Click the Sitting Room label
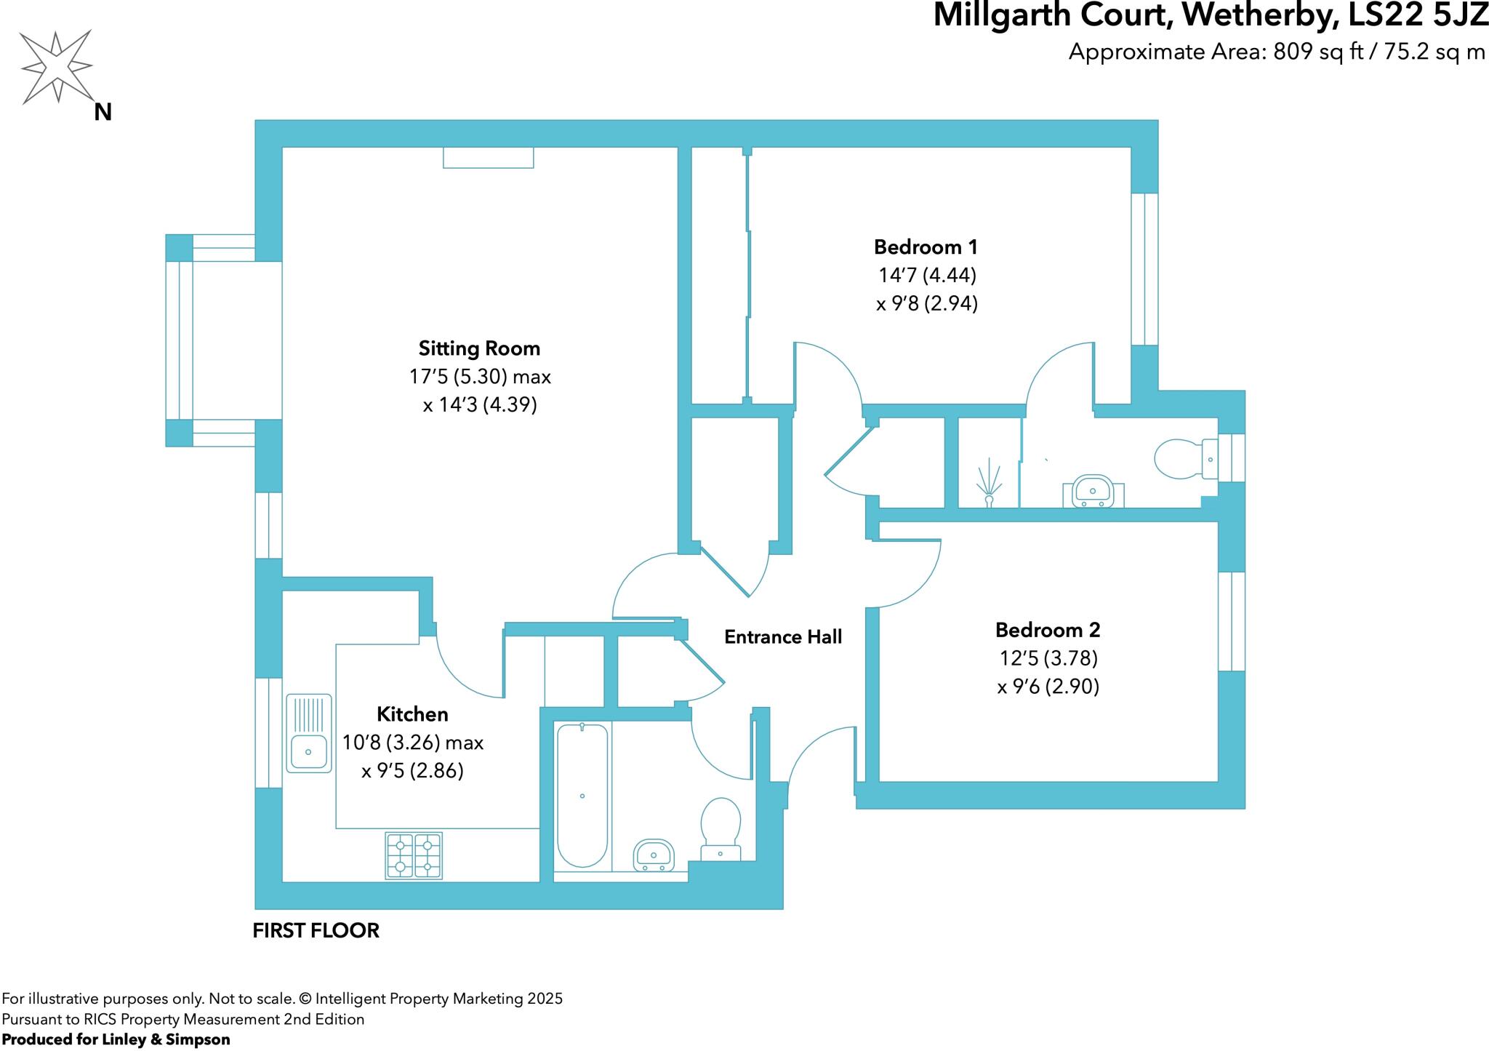point(479,348)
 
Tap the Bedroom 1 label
point(926,247)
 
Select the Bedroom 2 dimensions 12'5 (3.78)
point(1048,658)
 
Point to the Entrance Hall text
point(783,637)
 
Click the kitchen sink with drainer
point(308,732)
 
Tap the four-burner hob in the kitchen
point(414,855)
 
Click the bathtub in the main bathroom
point(582,795)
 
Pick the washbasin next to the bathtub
point(654,855)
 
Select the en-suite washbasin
point(1093,491)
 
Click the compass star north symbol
point(57,67)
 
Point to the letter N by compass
point(103,113)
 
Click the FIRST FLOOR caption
point(316,930)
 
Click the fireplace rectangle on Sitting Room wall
point(489,157)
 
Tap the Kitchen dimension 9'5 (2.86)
point(412,771)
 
